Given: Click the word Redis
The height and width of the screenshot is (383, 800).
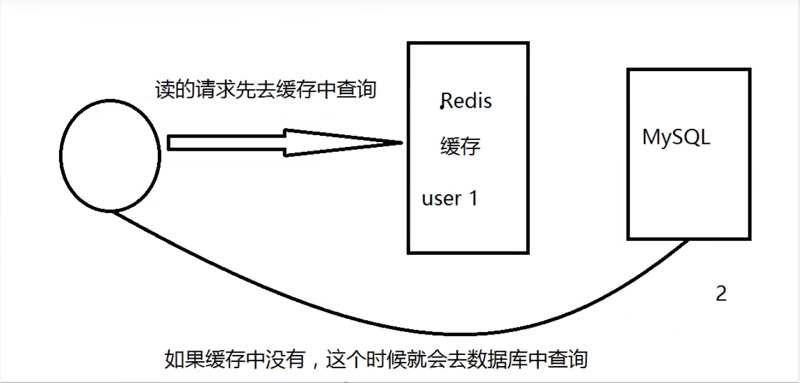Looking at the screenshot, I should (x=465, y=102).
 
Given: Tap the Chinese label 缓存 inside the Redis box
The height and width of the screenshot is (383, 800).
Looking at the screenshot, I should (x=460, y=148).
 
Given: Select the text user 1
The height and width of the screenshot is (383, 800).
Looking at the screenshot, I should (x=450, y=199).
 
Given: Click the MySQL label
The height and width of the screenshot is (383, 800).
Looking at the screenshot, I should (x=676, y=138).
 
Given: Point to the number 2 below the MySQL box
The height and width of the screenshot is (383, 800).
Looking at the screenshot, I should (x=721, y=294).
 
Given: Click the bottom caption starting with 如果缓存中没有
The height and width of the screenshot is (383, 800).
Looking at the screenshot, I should (x=376, y=359).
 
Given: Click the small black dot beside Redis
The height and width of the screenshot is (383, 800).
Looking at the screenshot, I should (x=441, y=107).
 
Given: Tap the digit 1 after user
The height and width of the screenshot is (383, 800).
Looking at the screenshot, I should (x=472, y=199).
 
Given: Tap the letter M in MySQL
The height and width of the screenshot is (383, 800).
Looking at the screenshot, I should (x=651, y=138).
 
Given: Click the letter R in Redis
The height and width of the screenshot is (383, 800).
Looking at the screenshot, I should (x=447, y=102).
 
